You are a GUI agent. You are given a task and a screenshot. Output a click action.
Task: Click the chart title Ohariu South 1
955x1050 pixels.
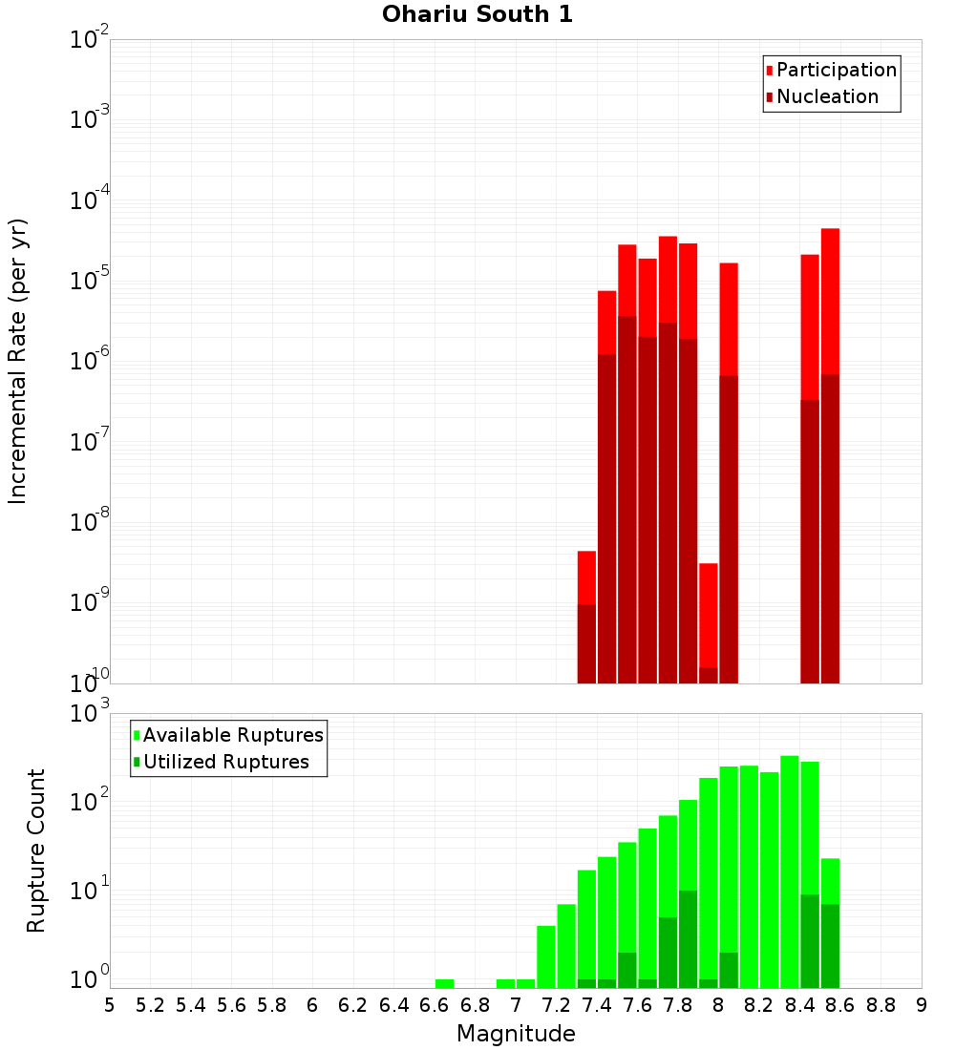[x=477, y=15]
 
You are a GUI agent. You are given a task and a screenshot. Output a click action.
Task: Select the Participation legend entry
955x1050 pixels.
[x=831, y=70]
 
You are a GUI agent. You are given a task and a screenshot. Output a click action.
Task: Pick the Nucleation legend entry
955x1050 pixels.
[x=821, y=96]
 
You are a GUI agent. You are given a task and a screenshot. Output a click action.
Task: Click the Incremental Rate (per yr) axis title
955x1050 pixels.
[x=18, y=361]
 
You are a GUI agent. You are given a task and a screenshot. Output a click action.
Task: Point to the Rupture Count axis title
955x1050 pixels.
[x=36, y=850]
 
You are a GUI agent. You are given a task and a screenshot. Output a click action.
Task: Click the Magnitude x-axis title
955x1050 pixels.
[x=516, y=1034]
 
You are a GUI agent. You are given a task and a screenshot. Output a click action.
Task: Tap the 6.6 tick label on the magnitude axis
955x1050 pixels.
[x=435, y=1005]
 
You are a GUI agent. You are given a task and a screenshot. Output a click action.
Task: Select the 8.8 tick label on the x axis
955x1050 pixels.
[x=881, y=1005]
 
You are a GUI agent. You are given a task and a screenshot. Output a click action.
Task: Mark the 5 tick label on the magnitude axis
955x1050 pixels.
[x=110, y=1005]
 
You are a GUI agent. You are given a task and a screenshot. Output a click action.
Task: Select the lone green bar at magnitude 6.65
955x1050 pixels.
[x=444, y=983]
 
